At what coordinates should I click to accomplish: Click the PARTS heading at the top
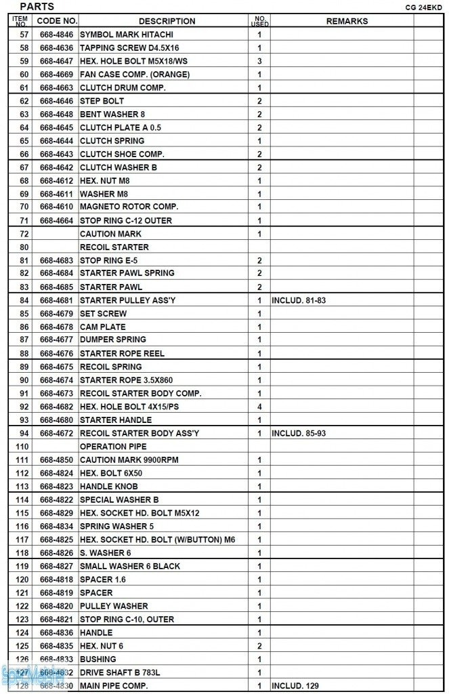tap(37, 7)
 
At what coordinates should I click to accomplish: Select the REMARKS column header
tap(347, 21)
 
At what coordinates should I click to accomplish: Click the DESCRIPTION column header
tap(167, 21)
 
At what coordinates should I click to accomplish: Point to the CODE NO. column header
tap(57, 21)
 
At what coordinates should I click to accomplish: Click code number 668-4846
tap(56, 35)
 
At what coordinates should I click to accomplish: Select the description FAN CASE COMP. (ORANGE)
tap(135, 75)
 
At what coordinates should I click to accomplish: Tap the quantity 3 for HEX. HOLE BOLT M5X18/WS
tap(259, 61)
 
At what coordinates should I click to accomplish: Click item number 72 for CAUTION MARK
tap(24, 234)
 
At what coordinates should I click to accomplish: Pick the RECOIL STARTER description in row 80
tap(114, 247)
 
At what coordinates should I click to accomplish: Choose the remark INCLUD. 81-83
tap(299, 300)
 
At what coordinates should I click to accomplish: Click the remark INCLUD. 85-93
tap(299, 433)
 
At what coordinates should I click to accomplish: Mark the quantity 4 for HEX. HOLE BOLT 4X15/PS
tap(259, 407)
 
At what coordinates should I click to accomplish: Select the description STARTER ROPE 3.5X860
tap(127, 380)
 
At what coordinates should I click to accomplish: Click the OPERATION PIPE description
tap(113, 447)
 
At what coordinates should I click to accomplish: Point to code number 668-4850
tap(56, 460)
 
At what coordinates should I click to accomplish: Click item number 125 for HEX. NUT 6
tap(24, 646)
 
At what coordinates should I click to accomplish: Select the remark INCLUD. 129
tap(295, 686)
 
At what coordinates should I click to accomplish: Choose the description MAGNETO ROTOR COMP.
tap(129, 207)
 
